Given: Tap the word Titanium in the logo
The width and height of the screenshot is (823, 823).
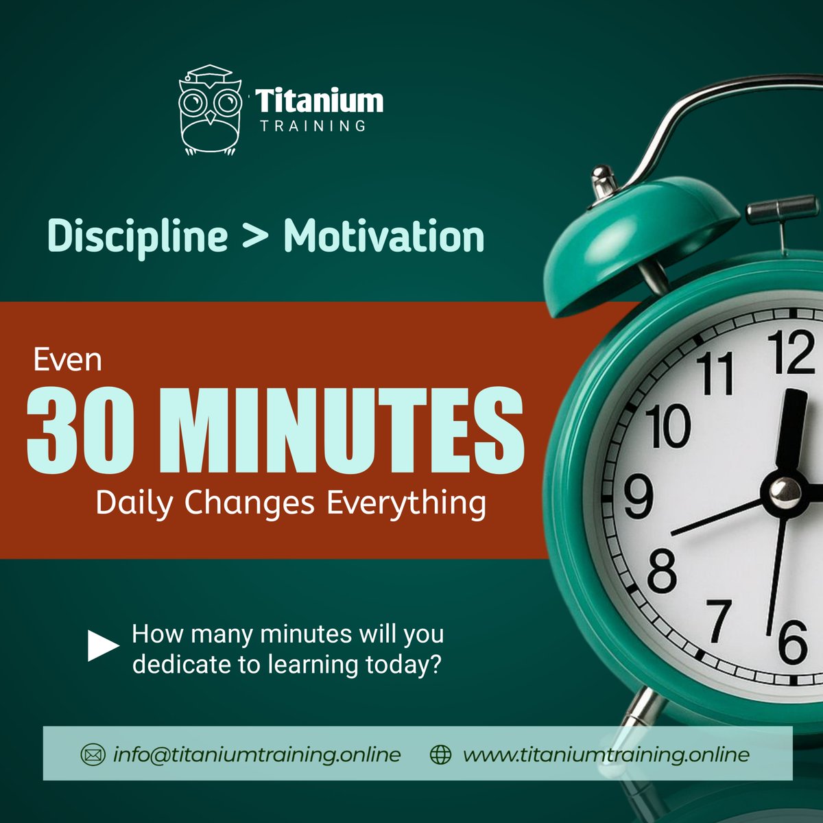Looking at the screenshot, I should pos(320,102).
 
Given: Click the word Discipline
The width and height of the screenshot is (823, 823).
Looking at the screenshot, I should pos(137,237).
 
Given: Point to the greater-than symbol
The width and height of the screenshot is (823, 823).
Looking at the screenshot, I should pos(255,237).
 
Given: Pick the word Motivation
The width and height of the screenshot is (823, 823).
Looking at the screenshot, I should pos(384,237).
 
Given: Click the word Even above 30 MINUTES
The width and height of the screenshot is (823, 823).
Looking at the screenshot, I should pos(68,359).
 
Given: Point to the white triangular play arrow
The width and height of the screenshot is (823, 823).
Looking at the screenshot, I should pos(102,646).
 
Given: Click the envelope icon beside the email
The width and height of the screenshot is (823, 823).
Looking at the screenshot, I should pos(92,755).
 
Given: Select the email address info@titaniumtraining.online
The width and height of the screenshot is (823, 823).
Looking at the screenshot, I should pos(257,755).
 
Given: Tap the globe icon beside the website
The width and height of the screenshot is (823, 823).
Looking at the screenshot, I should pos(440,755).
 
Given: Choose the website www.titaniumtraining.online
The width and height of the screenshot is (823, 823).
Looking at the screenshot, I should pos(606,755).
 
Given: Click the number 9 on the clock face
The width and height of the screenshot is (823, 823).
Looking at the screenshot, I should pos(638,497).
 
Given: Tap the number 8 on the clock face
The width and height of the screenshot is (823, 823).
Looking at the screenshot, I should pos(661,571).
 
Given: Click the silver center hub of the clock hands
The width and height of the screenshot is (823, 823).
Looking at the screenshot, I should pos(785,490).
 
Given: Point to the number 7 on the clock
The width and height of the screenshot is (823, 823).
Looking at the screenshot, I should pos(718,619).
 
